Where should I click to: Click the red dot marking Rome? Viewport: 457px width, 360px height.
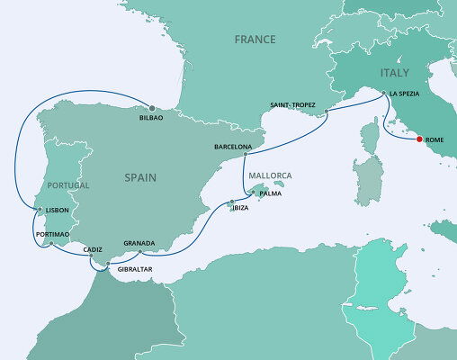416,139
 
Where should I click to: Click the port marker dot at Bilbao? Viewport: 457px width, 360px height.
151,109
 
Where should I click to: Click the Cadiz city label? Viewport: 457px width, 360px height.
93,248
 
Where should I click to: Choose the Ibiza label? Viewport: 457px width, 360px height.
239,208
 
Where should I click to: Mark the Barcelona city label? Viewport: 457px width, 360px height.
233,145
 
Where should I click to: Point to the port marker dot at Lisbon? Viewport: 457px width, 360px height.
39,210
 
